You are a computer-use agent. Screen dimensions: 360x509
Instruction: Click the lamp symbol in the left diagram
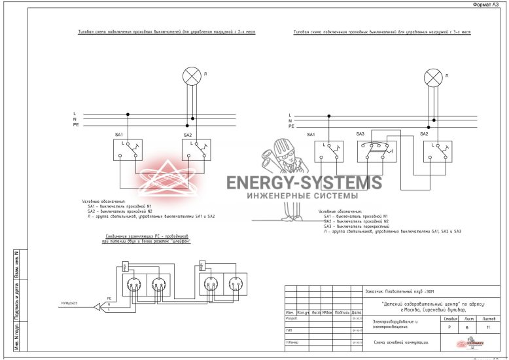point(191,76)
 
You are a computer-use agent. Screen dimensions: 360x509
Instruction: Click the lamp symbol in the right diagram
point(433,79)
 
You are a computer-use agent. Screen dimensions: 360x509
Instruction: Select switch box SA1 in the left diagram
point(128,150)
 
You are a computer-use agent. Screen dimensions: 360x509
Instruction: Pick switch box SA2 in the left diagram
point(196,150)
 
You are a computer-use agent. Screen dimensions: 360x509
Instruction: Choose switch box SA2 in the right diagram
point(438,151)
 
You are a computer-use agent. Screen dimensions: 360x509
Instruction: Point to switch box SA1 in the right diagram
point(328,151)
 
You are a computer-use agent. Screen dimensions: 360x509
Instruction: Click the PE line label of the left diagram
point(76,124)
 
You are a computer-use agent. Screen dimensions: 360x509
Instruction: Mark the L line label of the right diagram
point(290,115)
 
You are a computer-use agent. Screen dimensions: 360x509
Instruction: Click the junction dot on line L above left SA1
point(128,114)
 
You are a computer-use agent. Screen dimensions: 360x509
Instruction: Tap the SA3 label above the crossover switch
point(360,134)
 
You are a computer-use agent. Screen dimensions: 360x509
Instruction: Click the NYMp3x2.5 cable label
point(69,304)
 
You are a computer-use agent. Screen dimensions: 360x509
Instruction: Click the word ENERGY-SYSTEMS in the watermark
point(304,183)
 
